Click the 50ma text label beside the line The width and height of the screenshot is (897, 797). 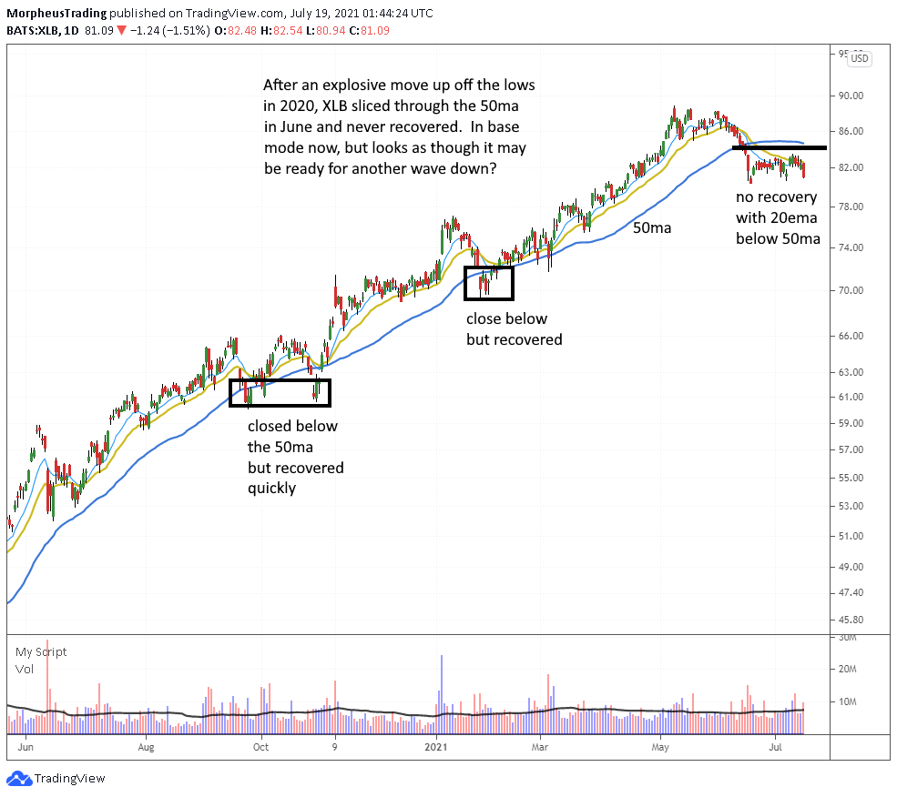(x=652, y=228)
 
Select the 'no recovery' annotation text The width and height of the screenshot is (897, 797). (x=777, y=197)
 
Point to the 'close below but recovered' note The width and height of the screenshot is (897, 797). (x=514, y=328)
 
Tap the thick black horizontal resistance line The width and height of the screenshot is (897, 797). (x=780, y=147)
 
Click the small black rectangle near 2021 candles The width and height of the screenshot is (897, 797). (x=489, y=283)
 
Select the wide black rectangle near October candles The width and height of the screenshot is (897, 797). (x=280, y=392)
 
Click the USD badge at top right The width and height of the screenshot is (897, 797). (x=860, y=58)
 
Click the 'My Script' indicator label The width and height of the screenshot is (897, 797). (x=41, y=651)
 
